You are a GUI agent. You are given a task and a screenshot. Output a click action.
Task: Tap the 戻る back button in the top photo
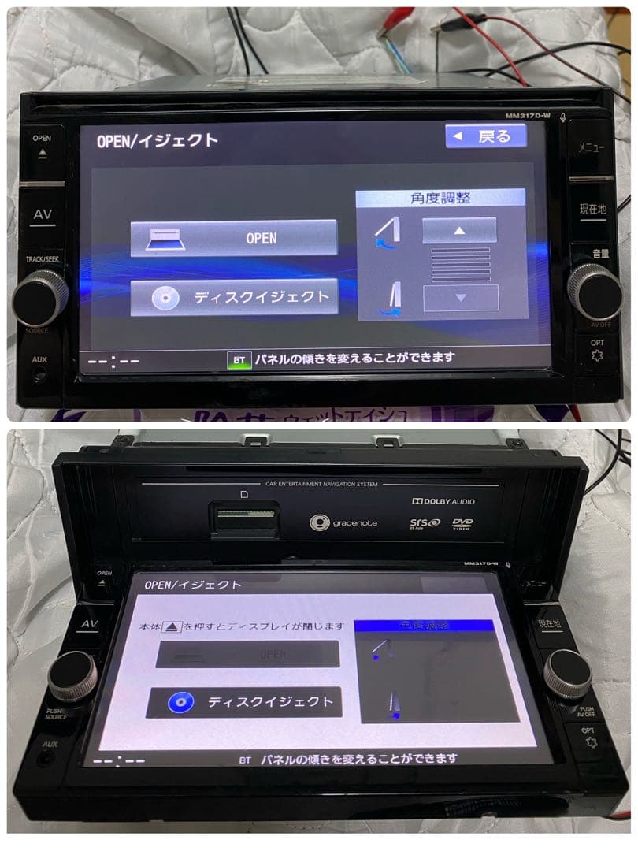click(x=485, y=136)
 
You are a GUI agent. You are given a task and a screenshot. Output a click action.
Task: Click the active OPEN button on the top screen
click(x=234, y=238)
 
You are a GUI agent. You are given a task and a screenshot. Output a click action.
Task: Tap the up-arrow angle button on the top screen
click(x=459, y=230)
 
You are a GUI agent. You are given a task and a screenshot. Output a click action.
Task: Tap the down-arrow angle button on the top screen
click(x=461, y=298)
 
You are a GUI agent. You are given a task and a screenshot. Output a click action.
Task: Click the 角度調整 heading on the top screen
click(x=440, y=199)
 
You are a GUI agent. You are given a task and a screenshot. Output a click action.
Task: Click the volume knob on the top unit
click(x=594, y=291)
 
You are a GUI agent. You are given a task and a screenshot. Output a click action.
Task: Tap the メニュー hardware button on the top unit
click(x=592, y=147)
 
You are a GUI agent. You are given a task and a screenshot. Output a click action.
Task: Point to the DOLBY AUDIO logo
click(x=443, y=501)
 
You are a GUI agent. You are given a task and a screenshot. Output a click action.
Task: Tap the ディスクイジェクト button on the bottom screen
click(x=244, y=702)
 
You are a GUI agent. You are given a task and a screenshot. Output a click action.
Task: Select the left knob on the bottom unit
click(x=72, y=676)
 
